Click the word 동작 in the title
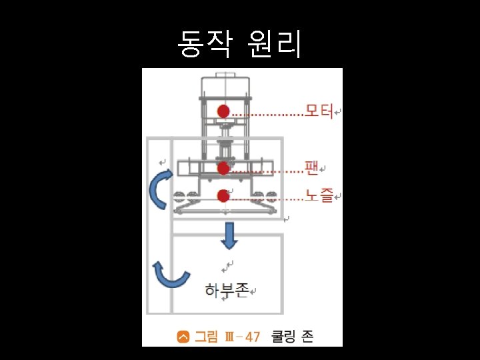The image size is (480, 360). (x=206, y=43)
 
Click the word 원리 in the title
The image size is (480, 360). (x=274, y=43)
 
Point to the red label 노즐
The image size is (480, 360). (x=319, y=195)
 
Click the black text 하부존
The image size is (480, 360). (x=227, y=290)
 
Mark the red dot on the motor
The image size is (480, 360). (x=223, y=111)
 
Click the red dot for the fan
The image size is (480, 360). (x=223, y=169)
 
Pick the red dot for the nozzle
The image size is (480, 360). (x=223, y=195)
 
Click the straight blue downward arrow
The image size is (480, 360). (x=230, y=235)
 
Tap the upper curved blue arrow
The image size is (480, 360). (x=159, y=189)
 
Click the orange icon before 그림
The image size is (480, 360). (x=183, y=337)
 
